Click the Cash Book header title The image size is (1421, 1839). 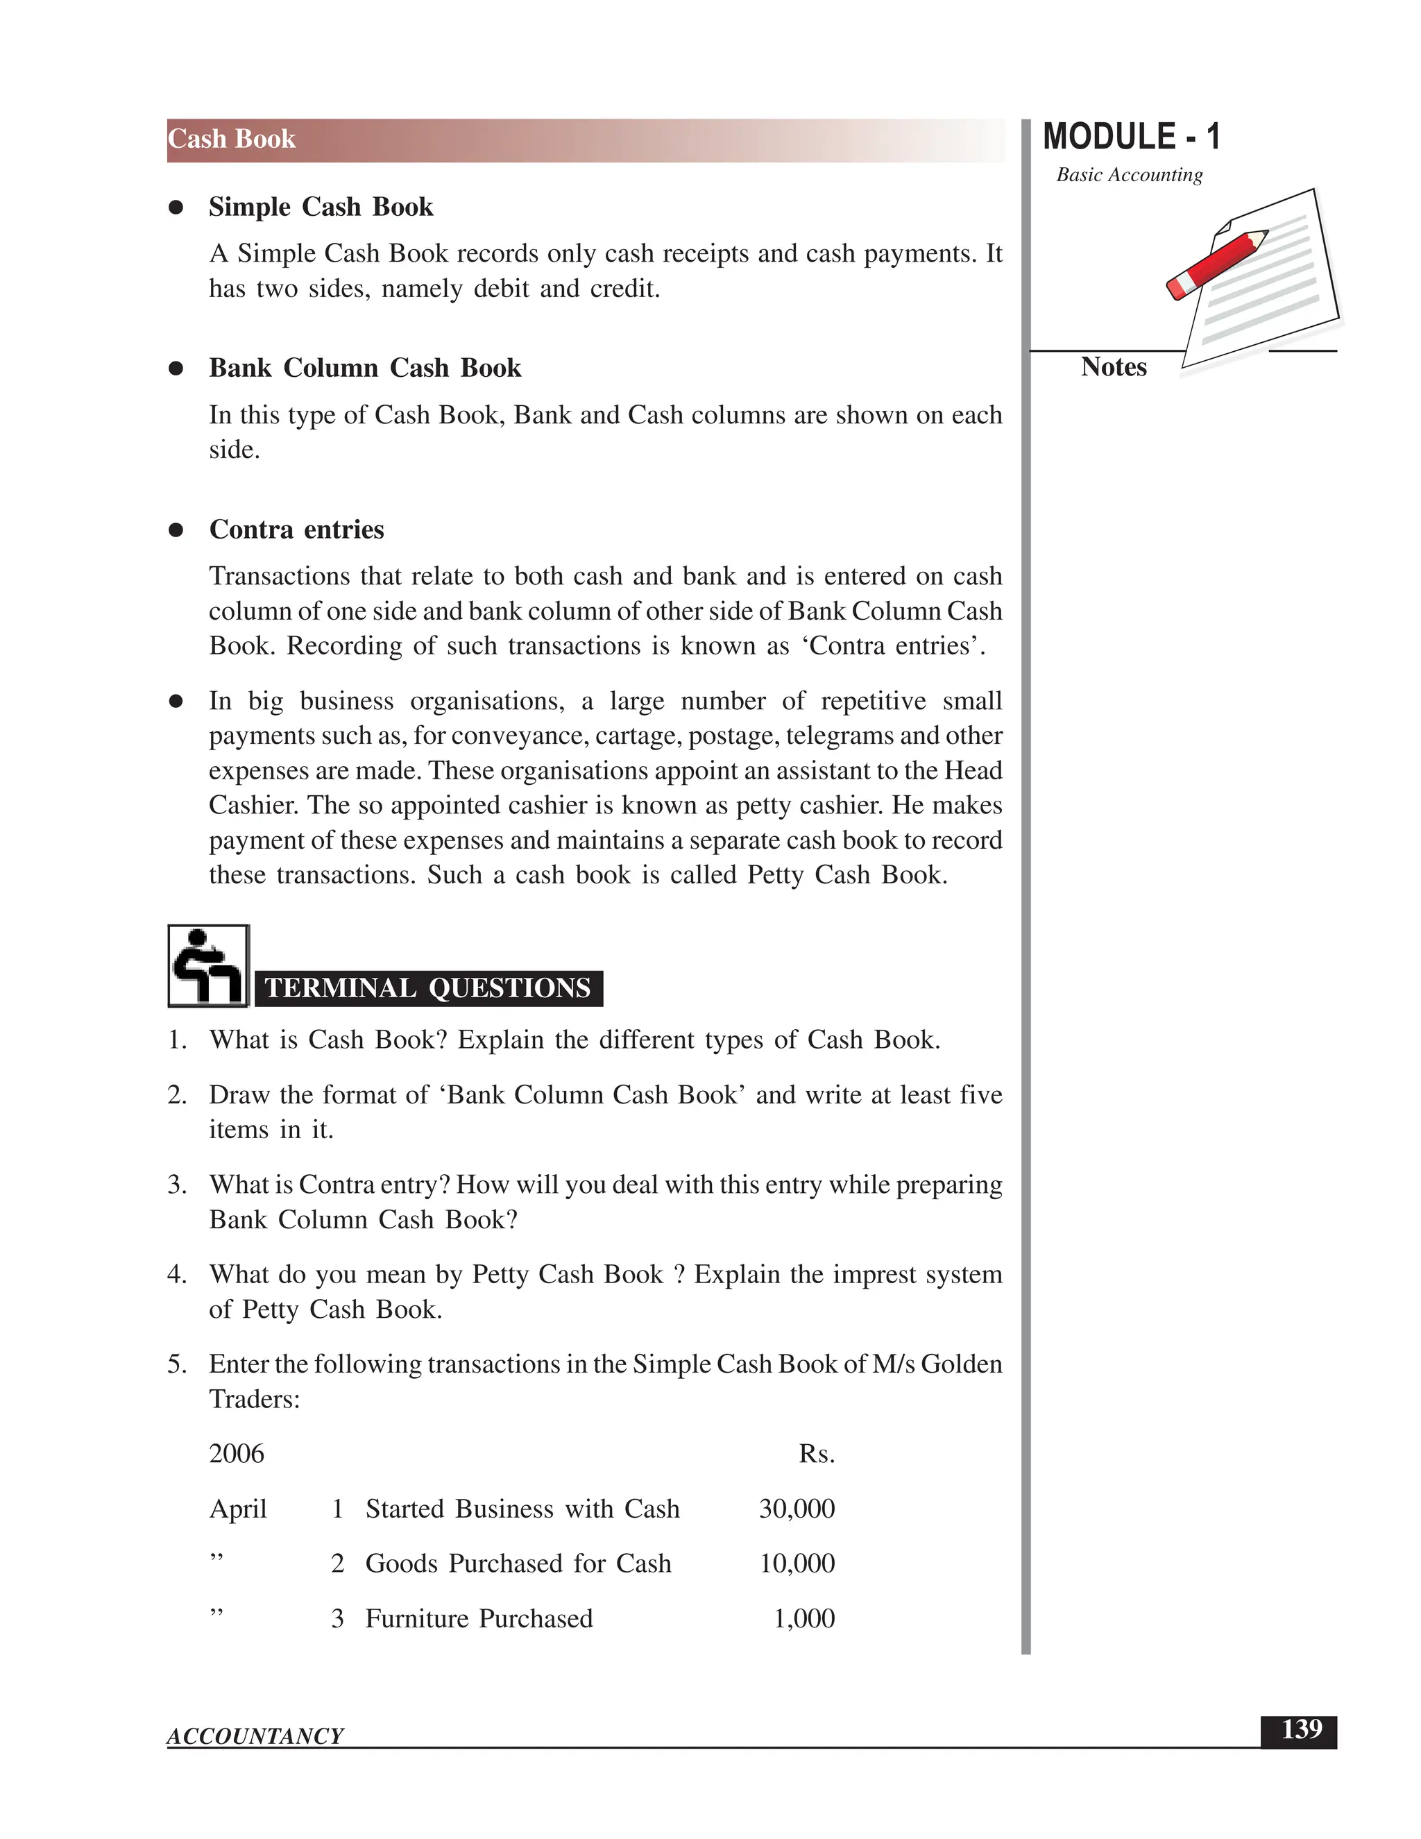pyautogui.click(x=232, y=139)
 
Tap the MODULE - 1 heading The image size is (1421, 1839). pyautogui.click(x=1130, y=137)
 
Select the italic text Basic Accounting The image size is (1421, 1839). pyautogui.click(x=1129, y=175)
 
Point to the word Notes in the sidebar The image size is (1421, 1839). pyautogui.click(x=1113, y=367)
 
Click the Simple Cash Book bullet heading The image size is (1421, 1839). pyautogui.click(x=321, y=207)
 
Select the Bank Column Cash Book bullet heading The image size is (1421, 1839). pyautogui.click(x=364, y=368)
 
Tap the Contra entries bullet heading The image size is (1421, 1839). pyautogui.click(x=296, y=529)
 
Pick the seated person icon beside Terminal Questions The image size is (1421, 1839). pyautogui.click(x=208, y=966)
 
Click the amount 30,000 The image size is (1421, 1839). pyautogui.click(x=797, y=1508)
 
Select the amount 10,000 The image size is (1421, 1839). pyautogui.click(x=797, y=1563)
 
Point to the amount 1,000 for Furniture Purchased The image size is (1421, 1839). pyautogui.click(x=804, y=1618)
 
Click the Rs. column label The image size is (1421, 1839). pyautogui.click(x=817, y=1454)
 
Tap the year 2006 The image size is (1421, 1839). pyautogui.click(x=237, y=1454)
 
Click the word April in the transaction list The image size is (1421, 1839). pyautogui.click(x=237, y=1509)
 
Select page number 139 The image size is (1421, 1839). pyautogui.click(x=1301, y=1729)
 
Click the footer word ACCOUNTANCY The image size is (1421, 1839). pyautogui.click(x=255, y=1736)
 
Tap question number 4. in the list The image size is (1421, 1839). pyautogui.click(x=177, y=1275)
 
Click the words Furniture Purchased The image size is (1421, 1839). pyautogui.click(x=479, y=1618)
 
